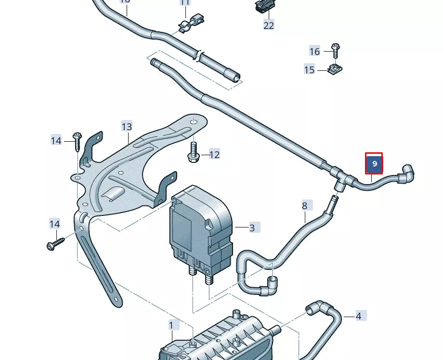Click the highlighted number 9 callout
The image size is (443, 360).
click(x=374, y=164)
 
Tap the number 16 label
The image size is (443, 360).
click(x=314, y=52)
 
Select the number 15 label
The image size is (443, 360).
click(x=309, y=70)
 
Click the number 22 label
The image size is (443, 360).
click(x=269, y=26)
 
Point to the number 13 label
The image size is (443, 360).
click(x=127, y=127)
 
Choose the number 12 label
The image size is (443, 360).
click(x=214, y=155)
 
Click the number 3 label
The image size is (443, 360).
click(x=252, y=228)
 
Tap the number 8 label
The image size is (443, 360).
click(x=304, y=206)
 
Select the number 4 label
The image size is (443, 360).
click(x=359, y=317)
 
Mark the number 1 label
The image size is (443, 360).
click(x=171, y=325)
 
